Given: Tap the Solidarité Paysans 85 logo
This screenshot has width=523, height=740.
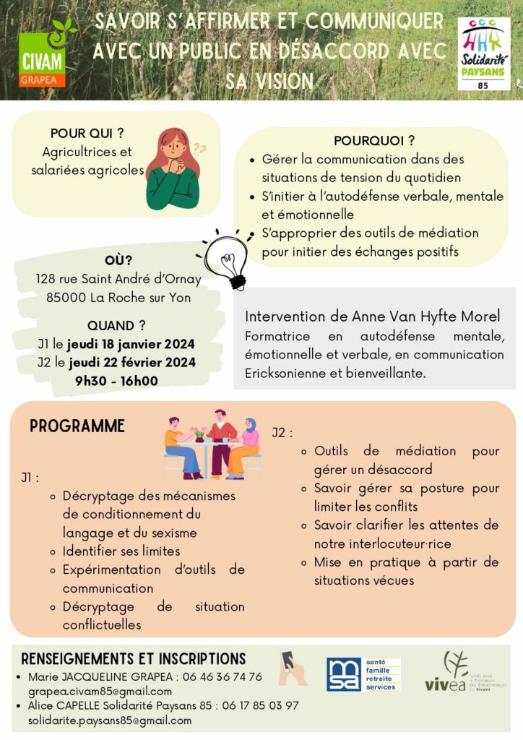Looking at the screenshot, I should click(x=483, y=54).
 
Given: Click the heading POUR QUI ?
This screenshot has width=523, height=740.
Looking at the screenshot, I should click(x=87, y=133).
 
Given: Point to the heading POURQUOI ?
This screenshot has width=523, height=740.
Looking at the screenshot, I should click(x=374, y=140).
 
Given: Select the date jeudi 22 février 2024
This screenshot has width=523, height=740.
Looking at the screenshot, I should click(x=131, y=362).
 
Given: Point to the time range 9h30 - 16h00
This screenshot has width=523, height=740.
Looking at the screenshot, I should click(x=116, y=381).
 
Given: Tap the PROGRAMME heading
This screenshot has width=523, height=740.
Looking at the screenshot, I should click(x=77, y=426).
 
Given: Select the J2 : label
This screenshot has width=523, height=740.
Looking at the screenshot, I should click(x=282, y=433).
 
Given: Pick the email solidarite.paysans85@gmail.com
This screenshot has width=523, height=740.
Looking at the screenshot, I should click(x=110, y=720).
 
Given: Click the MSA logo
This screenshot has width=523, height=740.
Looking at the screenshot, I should click(x=363, y=674).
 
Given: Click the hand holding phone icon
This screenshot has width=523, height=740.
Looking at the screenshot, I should click(x=293, y=668).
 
